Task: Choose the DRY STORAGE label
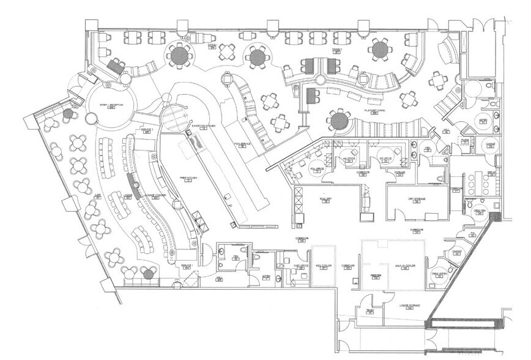pyautogui.click(x=418, y=200)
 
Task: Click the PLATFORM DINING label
pyautogui.click(x=374, y=111)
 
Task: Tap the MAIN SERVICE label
pyautogui.click(x=243, y=143)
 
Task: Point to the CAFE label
pyautogui.click(x=97, y=195)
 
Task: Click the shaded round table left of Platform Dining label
pyautogui.click(x=338, y=119)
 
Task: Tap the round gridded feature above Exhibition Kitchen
pyautogui.click(x=172, y=114)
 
